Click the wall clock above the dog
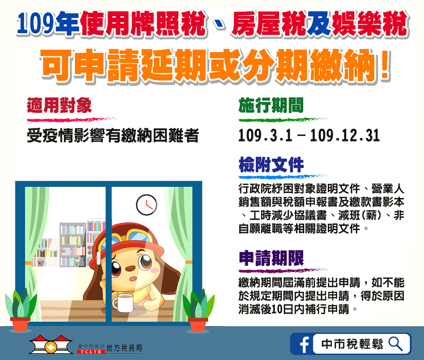click(146, 205)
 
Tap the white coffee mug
click(123, 303)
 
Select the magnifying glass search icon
click(396, 344)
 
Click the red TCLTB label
click(91, 352)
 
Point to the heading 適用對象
click(59, 105)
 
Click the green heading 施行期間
click(271, 105)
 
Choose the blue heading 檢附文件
click(271, 165)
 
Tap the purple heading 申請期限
click(271, 258)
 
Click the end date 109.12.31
click(345, 136)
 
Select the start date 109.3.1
click(265, 136)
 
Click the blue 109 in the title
click(35, 24)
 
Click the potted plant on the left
click(21, 309)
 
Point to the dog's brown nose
click(130, 269)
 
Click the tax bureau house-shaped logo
click(51, 345)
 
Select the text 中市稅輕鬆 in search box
click(353, 344)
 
